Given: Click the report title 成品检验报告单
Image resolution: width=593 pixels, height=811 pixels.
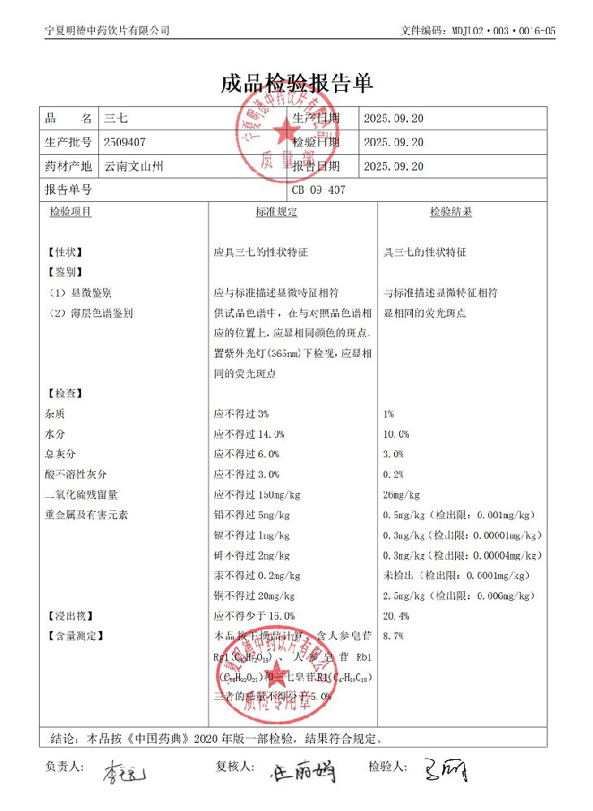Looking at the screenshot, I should tap(296, 84).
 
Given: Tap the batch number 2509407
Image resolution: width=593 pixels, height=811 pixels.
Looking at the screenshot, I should tap(125, 142).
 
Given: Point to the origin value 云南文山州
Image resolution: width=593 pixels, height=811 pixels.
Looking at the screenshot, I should tap(134, 166).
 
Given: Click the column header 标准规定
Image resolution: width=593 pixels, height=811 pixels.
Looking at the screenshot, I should tap(277, 212).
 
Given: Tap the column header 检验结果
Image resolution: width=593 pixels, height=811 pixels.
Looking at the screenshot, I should tap(451, 212).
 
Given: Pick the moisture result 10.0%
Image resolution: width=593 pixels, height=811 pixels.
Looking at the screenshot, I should tap(396, 434).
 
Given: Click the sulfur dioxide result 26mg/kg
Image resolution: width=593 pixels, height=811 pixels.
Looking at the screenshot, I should tap(401, 495).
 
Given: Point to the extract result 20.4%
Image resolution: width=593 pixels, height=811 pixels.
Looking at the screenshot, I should tap(396, 616).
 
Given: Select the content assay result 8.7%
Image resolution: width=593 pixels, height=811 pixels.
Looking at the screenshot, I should tap(393, 636).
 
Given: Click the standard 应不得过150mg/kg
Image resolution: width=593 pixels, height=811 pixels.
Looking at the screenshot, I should tap(257, 495).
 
